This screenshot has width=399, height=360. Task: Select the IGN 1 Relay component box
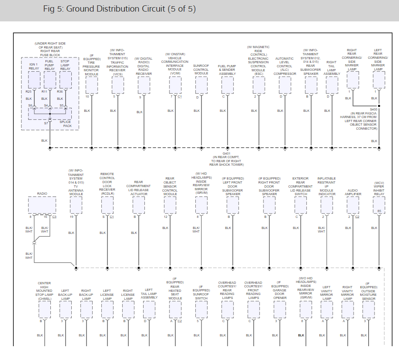click(34, 80)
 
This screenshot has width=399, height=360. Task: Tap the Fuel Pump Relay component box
click(49, 80)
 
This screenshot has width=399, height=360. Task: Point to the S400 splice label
click(374, 109)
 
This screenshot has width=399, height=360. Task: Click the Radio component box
click(42, 206)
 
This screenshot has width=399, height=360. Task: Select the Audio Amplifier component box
click(353, 205)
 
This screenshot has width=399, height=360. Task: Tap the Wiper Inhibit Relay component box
click(379, 205)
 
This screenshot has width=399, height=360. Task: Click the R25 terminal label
click(29, 91)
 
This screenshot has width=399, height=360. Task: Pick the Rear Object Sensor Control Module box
click(170, 205)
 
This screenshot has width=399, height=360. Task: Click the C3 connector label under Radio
click(54, 217)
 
